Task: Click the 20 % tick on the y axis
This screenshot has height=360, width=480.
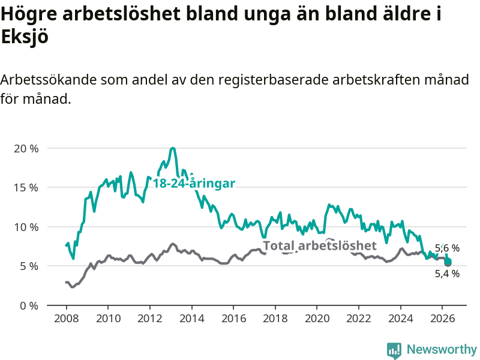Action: coord(26,149)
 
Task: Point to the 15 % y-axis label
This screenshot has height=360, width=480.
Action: coord(26,188)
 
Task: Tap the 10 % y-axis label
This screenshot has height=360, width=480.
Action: coord(26,227)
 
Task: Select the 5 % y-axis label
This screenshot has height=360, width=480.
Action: coord(29,266)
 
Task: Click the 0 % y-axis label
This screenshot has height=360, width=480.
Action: coord(29,306)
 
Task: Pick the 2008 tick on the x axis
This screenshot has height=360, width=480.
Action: coord(67,319)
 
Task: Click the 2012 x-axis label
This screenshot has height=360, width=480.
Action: coord(149,319)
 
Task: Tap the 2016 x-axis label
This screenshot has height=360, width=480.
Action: coord(233,319)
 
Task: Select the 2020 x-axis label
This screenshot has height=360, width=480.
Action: coord(317,319)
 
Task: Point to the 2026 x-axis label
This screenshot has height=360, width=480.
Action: coord(443,319)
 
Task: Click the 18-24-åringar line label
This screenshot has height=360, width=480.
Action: coord(194,184)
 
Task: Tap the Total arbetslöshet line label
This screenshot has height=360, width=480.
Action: coord(320,245)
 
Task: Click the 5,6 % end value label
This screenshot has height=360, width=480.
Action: coord(447,248)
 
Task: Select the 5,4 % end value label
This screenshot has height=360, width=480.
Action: coord(447,274)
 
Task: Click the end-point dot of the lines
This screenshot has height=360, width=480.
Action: coord(448,262)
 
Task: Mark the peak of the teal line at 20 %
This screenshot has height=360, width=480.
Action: coord(173,148)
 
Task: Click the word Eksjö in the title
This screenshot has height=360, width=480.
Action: coord(25,37)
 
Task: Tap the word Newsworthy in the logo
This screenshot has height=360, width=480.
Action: coord(442,349)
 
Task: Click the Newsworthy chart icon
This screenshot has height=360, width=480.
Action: coord(394,350)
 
